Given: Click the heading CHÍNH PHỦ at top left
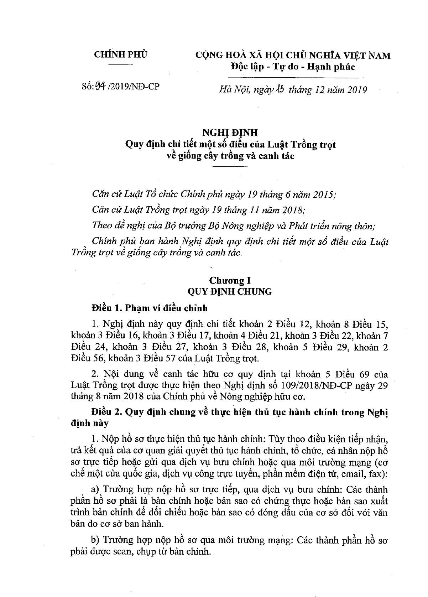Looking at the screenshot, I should click(120, 55).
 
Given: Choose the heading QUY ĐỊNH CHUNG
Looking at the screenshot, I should click(230, 291).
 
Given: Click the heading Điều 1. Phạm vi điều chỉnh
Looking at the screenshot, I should click(150, 307).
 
